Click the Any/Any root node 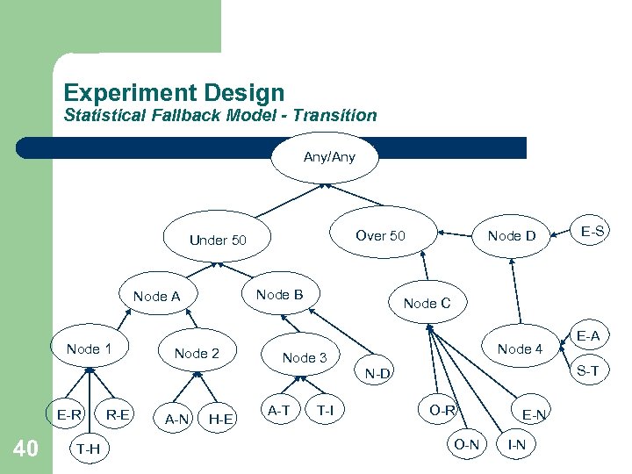[328, 158]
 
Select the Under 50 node [218, 240]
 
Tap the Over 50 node [380, 235]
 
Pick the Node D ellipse [511, 235]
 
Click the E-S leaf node [592, 231]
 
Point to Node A [156, 297]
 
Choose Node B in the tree [279, 295]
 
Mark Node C [427, 303]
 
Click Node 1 [89, 349]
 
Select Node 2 [197, 354]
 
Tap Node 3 [304, 357]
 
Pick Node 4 [521, 349]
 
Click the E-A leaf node [588, 335]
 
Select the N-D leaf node [379, 375]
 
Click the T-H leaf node [87, 449]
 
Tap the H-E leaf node [220, 420]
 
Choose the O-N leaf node [466, 444]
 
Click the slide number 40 [25, 449]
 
